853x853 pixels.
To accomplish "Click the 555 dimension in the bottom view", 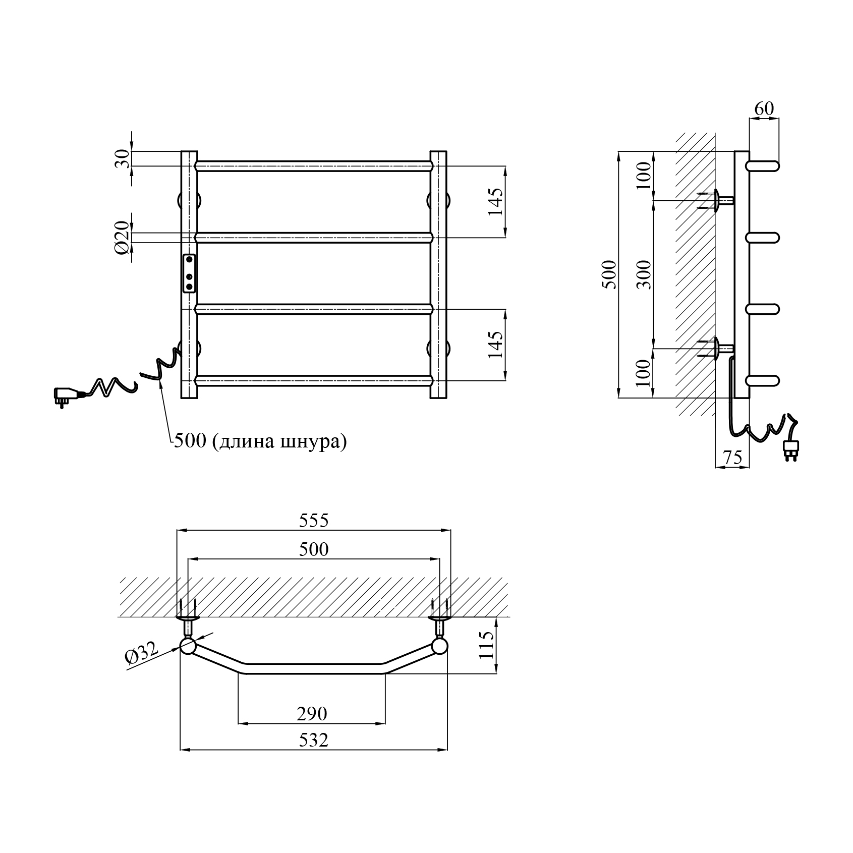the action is tap(314, 520).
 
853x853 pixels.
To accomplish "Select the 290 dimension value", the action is tap(312, 713).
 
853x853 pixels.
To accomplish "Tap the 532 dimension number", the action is tap(313, 740).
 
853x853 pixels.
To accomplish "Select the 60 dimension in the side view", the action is tap(764, 108).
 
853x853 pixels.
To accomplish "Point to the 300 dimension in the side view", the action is tap(643, 275).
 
